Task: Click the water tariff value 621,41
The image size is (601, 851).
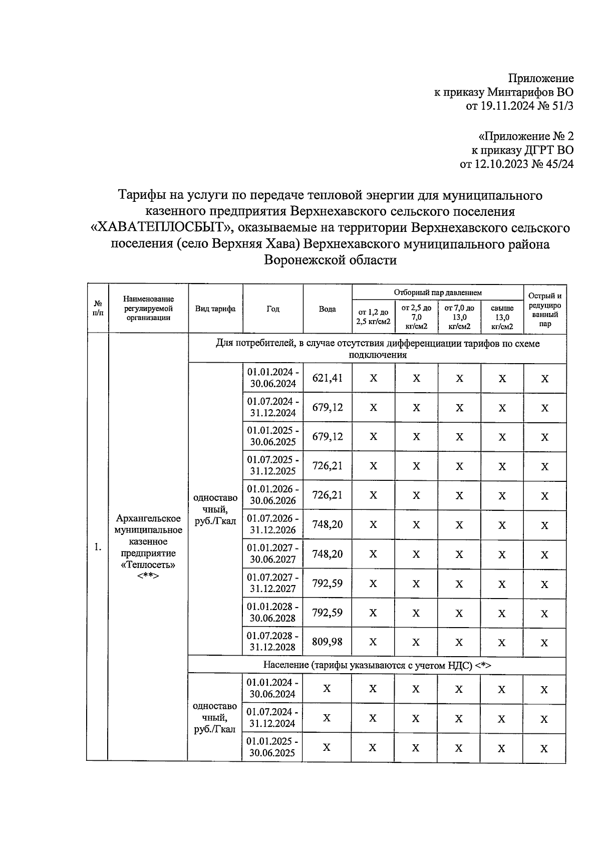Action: [x=328, y=378]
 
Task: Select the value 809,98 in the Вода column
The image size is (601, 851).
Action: [x=328, y=642]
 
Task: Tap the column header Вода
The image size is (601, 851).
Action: [x=328, y=309]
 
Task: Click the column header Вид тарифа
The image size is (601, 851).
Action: [x=215, y=309]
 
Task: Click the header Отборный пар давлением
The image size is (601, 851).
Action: [x=437, y=292]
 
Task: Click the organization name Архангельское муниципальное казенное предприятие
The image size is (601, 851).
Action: [x=148, y=541]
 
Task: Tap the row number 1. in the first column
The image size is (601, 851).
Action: [x=98, y=547]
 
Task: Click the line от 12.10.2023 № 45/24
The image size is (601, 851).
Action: [x=516, y=164]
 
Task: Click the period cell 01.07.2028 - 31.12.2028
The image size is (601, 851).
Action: [x=272, y=641]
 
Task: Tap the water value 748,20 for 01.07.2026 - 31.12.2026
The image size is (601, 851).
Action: [x=328, y=524]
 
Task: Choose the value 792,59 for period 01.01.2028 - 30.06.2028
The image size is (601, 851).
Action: [x=328, y=613]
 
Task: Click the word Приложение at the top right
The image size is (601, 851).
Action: [x=541, y=78]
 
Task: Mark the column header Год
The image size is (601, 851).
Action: [x=272, y=309]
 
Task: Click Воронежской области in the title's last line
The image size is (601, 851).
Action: [x=331, y=260]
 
